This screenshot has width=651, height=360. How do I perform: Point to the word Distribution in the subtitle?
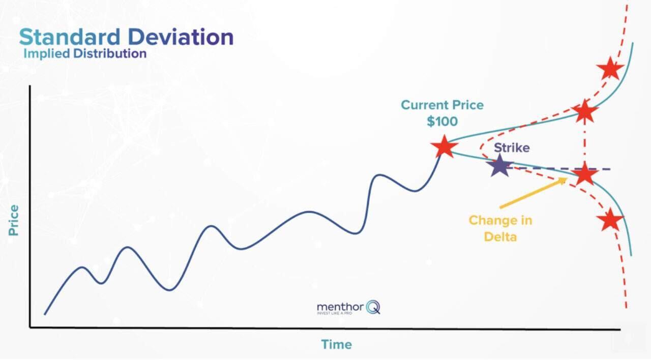tap(109, 53)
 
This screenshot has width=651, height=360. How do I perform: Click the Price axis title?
tap(13, 220)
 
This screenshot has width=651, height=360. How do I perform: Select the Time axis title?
tap(336, 344)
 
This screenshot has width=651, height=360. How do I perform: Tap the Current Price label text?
tap(442, 105)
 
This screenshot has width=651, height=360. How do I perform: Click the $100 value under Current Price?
tap(442, 122)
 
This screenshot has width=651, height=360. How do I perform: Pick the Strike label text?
tap(512, 148)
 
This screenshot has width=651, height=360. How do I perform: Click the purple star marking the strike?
tap(500, 166)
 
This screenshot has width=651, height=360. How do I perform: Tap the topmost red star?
tap(609, 68)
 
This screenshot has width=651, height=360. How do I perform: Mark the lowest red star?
tap(609, 220)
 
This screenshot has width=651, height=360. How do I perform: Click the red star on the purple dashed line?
tap(584, 174)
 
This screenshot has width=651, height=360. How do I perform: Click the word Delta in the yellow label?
tap(500, 236)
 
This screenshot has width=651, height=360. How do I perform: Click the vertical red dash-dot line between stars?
tap(584, 142)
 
